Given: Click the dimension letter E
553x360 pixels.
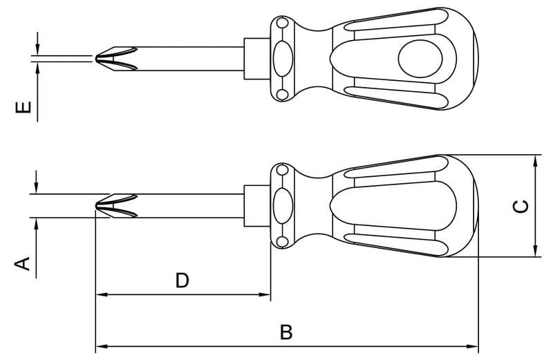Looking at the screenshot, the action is pos(24,107).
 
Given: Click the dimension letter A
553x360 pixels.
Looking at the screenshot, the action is pos(23,264).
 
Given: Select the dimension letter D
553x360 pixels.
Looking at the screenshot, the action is pos(182,281).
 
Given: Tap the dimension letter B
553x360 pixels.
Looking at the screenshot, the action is pos(286,332).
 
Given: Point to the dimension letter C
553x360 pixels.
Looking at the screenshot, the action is pos(521,207).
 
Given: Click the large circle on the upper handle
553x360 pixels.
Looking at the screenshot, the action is pos(420,59).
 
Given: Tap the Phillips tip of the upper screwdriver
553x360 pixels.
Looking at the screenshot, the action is pos(116,59).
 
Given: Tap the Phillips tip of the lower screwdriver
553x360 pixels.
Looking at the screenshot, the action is pos(116,205).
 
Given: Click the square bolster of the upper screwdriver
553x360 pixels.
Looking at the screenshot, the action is pos(257,59).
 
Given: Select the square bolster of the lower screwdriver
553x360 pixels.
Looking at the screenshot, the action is pos(257,205).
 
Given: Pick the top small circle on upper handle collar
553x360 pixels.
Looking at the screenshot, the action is pos(282,23).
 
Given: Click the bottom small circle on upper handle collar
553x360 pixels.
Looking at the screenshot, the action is pos(282,95).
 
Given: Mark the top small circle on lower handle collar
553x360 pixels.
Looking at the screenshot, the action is pos(282,170).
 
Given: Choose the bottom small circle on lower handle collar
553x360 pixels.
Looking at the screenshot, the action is pos(282,242).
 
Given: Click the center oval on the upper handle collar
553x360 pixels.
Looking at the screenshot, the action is pos(283,59).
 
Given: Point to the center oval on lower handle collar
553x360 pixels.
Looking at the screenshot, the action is pos(283,205).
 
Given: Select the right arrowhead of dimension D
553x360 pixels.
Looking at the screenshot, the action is pos(265,294).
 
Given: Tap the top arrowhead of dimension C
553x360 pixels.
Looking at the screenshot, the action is pos(535,160).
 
